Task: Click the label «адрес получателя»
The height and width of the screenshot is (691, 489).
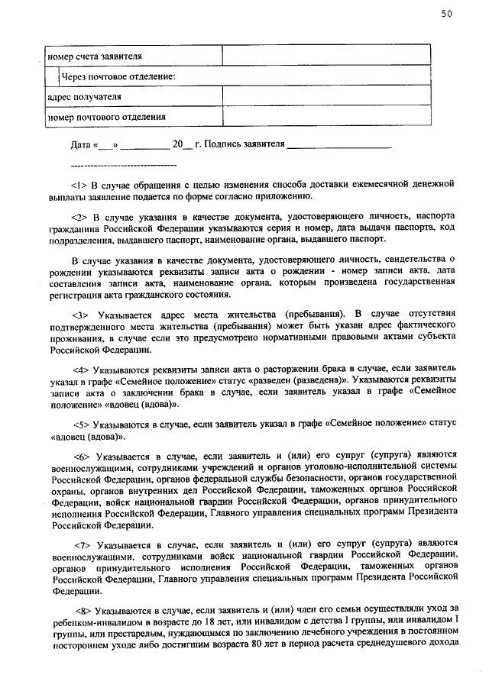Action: pos(84,97)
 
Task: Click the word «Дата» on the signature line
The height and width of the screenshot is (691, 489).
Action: pos(80,144)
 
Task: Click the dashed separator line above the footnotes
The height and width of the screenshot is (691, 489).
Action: pos(123,165)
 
